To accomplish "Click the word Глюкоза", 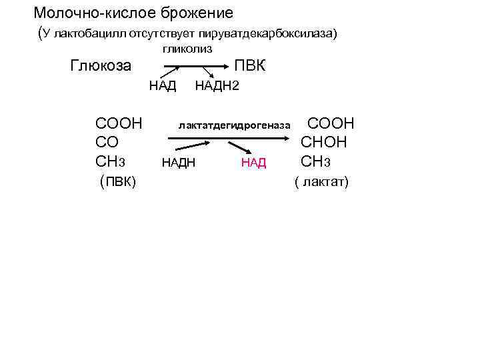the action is point(101,66).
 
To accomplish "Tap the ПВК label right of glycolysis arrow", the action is point(250,66).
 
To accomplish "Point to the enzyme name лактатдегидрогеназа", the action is point(235,125).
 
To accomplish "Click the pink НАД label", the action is point(254,162).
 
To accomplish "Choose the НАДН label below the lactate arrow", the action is point(179,162).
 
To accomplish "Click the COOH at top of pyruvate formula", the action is point(119,123).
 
